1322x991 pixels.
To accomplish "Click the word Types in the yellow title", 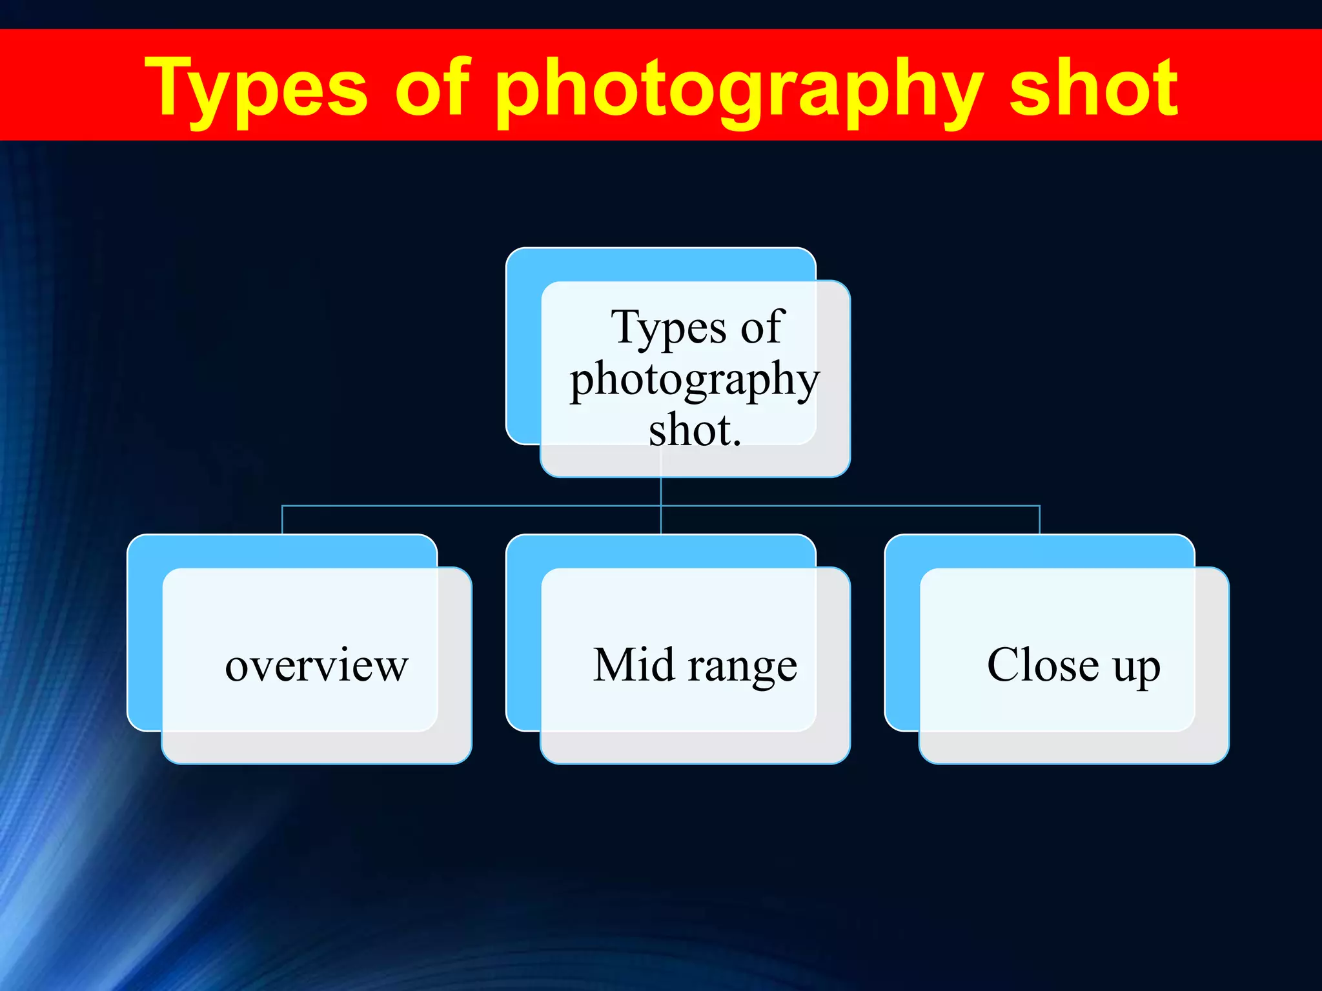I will click(256, 89).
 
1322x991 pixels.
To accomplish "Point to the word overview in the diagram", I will click(316, 666).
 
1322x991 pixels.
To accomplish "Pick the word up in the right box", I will click(1137, 667).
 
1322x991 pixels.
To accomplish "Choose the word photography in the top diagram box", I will click(695, 381).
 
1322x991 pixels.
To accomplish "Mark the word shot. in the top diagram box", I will click(695, 430).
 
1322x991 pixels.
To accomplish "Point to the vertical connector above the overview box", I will click(282, 520).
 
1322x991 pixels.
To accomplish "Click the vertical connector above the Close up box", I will click(1039, 520).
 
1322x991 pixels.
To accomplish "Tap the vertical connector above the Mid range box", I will click(661, 520).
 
